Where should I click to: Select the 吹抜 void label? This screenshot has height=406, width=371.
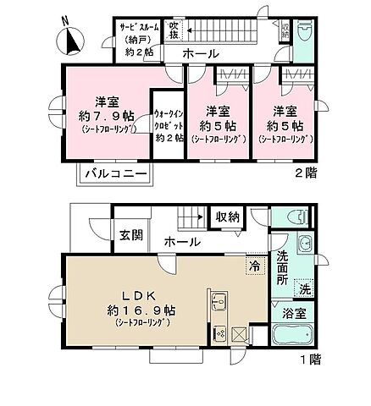click(173, 30)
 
